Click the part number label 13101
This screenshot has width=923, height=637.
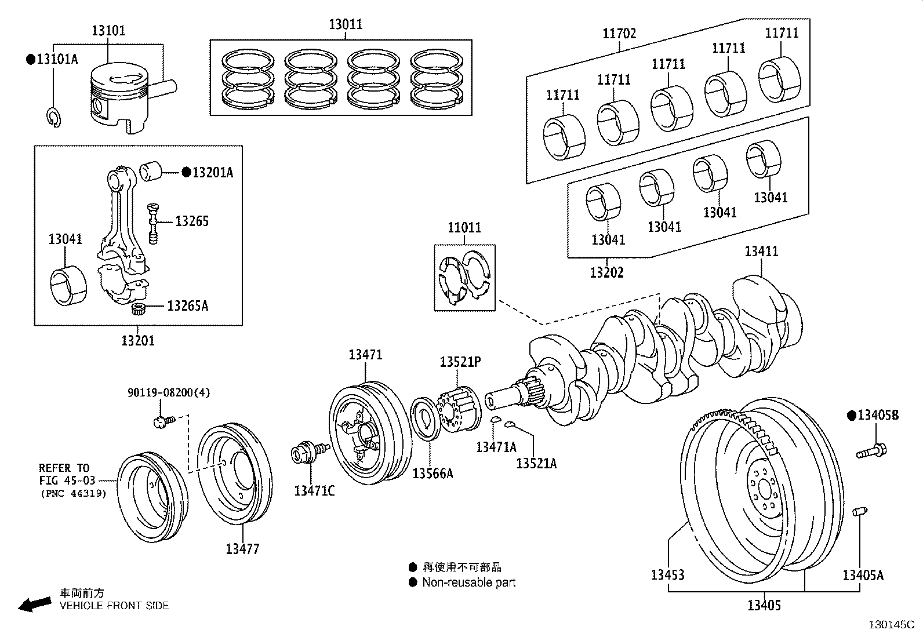pos(108,31)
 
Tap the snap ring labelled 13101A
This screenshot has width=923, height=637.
pos(53,117)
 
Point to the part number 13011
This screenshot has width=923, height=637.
pos(346,24)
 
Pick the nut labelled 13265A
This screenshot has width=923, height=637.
pos(138,309)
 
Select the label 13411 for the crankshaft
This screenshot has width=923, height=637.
pos(761,252)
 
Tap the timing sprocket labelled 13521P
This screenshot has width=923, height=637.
pos(459,409)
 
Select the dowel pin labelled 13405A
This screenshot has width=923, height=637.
pos(860,512)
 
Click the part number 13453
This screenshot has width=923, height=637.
pos(667,574)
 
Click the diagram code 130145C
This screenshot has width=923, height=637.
pos(891,625)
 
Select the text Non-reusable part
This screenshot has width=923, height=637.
pos(468,583)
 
